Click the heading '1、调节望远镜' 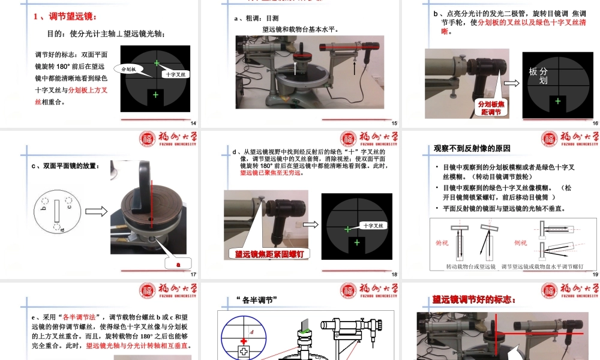67,16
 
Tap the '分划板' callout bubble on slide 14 130,70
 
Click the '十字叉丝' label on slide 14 177,74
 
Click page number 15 394,123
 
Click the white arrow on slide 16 512,84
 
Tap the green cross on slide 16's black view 558,101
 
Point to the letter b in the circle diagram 44,208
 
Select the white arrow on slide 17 96,211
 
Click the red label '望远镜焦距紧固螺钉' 269,253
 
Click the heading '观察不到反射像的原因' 472,148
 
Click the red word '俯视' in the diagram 442,243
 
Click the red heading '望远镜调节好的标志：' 474,299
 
